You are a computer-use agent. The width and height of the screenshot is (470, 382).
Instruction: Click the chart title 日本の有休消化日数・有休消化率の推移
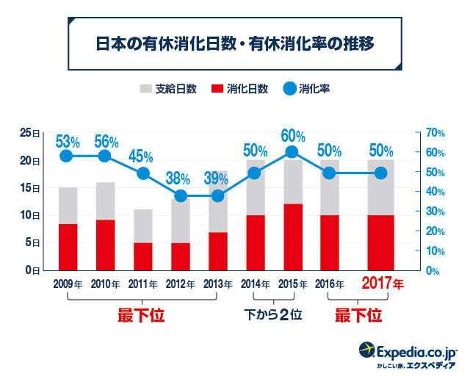coord(235,43)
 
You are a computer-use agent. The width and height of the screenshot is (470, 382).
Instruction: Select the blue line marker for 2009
coord(66,156)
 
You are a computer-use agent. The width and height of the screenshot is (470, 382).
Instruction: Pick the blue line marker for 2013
coord(218,196)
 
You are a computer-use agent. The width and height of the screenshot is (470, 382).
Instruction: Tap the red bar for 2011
coord(142,256)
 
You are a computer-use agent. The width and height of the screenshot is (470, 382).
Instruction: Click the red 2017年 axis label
coord(382,284)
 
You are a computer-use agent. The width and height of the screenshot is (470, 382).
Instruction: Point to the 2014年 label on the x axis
coord(256,284)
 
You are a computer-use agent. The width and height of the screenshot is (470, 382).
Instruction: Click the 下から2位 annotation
coord(274,315)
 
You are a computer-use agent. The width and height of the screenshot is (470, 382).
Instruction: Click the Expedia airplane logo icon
coord(367,349)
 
